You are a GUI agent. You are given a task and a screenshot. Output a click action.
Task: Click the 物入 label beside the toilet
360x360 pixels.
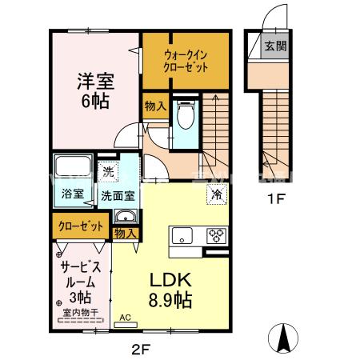tap(155, 105)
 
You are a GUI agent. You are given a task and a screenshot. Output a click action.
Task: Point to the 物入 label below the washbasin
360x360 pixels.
tap(124, 233)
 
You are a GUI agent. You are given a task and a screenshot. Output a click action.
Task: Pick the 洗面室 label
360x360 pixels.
tap(118, 194)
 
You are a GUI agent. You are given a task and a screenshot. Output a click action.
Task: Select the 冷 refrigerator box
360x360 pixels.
tap(217, 194)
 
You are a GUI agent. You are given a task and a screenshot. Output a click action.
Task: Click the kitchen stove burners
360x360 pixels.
tap(216, 235)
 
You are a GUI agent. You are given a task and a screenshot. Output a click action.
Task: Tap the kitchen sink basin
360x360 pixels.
tap(181, 235)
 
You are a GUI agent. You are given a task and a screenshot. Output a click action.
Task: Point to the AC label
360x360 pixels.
tap(125, 317)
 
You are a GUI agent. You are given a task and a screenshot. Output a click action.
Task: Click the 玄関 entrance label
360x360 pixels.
tap(275, 46)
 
